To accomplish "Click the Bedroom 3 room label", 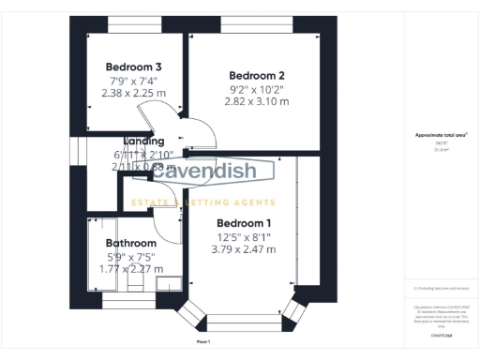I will click(133, 67).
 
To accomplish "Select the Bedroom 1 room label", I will click(244, 223).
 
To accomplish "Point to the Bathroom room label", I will click(130, 243).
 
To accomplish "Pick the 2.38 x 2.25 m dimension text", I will click(133, 93).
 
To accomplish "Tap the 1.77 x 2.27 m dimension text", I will click(130, 269).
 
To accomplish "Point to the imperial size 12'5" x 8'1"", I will click(244, 236).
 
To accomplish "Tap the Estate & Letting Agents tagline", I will click(202, 202).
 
